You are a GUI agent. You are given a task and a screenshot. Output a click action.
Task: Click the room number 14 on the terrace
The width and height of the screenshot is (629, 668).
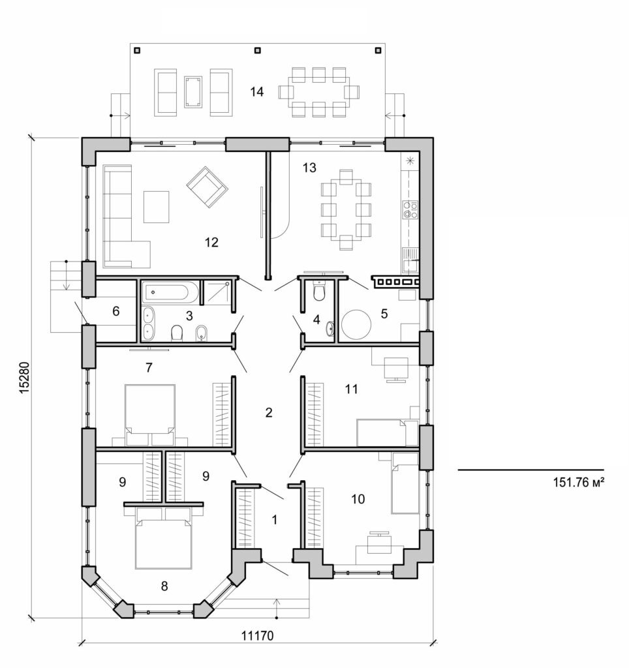[x=256, y=92]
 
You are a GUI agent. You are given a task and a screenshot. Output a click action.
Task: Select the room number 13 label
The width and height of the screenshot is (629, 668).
[x=309, y=168]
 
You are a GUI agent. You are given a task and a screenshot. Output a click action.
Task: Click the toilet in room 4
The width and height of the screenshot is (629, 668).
[x=319, y=293]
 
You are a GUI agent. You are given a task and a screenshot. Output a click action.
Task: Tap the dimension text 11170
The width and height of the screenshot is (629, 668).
[x=258, y=636]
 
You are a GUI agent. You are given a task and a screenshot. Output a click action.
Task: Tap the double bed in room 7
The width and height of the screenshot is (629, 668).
[x=150, y=410]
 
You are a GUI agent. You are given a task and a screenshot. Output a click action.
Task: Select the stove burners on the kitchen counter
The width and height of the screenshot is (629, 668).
[x=410, y=209]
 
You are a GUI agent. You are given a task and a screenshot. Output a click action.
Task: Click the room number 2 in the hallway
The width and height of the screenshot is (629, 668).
[x=268, y=412]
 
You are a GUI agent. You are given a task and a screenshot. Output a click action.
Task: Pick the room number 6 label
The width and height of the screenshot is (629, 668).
[x=115, y=311]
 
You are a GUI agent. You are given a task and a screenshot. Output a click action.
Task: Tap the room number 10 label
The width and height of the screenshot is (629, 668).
[x=358, y=499]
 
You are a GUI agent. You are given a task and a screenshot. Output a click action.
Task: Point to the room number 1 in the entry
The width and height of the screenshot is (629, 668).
[x=274, y=520]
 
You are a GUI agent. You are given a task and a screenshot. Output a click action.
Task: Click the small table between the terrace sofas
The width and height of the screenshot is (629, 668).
[x=193, y=92]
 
